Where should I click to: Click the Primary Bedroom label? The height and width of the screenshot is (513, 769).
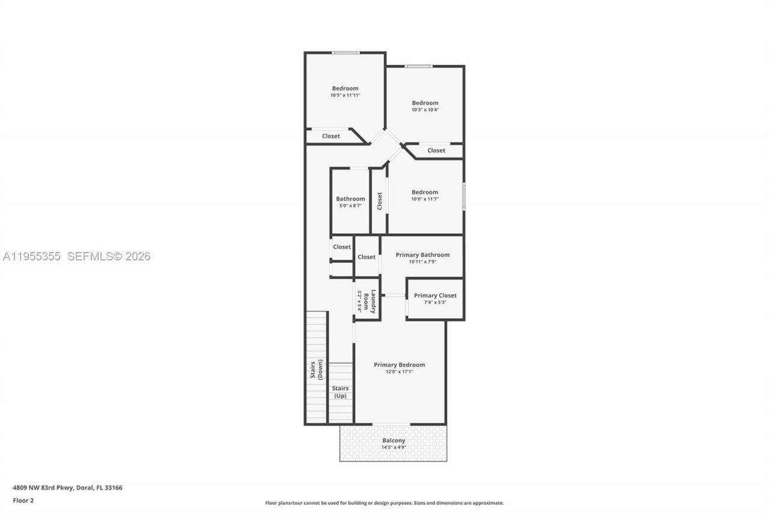399,364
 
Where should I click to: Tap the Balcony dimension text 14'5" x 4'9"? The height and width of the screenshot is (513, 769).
394,447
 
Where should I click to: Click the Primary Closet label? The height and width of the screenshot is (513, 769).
435,295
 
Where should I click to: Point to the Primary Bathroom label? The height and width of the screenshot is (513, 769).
422,254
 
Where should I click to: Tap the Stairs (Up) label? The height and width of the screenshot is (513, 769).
340,392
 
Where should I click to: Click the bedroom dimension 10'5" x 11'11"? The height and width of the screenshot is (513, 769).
345,95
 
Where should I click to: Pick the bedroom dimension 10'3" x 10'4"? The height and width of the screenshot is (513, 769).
425,109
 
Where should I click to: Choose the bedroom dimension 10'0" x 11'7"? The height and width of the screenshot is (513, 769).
425,199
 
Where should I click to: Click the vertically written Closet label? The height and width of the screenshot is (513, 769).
379,201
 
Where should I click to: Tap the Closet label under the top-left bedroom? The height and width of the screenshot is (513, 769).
330,136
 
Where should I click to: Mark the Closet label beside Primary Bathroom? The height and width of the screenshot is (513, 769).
366,257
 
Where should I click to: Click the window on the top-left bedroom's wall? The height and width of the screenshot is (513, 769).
345,53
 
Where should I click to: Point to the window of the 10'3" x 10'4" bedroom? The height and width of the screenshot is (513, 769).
418,66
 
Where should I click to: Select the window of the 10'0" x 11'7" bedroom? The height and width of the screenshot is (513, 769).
463,197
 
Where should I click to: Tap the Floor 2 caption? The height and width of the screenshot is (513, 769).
23,500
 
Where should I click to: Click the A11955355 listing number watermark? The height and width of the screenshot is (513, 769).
31,257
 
